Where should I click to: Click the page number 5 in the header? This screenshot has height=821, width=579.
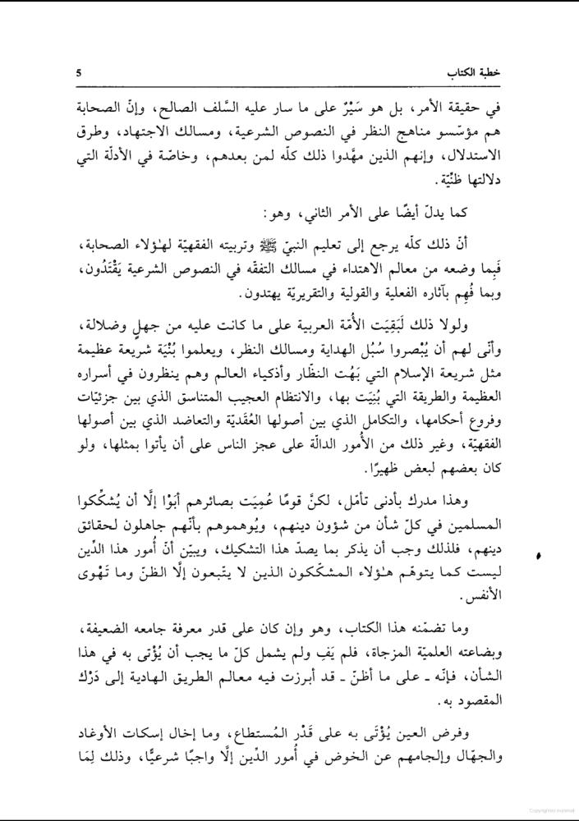coord(78,73)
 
